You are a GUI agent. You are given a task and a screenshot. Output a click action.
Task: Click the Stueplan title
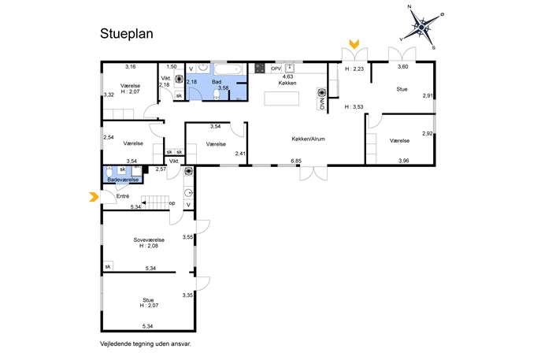127,34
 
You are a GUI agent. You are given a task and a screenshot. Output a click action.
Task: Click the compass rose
421,28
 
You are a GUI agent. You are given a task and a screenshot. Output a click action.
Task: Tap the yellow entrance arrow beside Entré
94,197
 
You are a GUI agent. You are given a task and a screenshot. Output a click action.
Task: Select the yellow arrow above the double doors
354,44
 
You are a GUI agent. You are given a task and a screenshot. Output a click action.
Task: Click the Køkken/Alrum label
308,139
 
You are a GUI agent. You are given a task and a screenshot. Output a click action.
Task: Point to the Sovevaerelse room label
149,240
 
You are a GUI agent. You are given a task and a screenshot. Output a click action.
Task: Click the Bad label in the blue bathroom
217,82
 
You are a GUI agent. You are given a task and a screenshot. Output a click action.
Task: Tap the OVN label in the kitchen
322,104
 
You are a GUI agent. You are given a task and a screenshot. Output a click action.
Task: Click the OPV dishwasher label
276,69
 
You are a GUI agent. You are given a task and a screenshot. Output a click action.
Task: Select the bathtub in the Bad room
228,69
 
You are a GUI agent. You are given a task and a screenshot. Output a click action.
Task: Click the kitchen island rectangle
282,98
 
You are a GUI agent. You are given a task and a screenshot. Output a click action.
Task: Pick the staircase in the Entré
155,202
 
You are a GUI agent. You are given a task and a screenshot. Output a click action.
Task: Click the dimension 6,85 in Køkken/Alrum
296,161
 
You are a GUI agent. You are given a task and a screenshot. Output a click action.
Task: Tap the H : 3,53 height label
354,107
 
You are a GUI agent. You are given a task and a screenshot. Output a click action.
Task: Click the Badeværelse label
123,180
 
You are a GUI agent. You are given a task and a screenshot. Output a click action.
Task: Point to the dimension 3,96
404,161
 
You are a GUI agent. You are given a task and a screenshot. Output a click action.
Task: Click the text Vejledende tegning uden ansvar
145,343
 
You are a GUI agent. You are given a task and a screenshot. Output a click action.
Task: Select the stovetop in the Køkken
260,68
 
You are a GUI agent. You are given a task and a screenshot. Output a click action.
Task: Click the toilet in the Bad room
217,95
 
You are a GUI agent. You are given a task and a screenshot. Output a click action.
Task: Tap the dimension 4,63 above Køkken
287,76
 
